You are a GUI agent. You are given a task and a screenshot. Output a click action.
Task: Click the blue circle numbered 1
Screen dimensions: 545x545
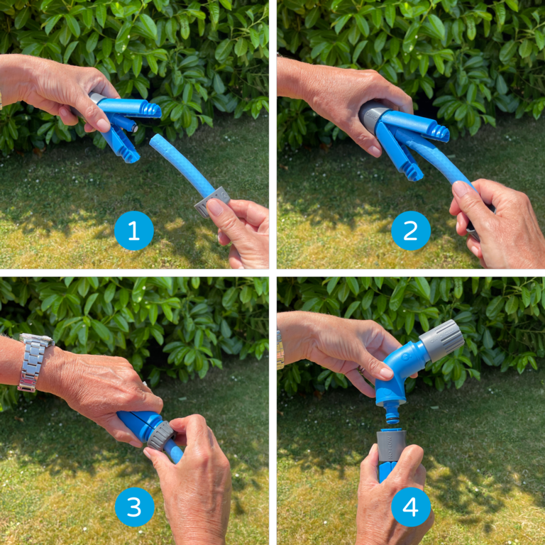[x=133, y=231]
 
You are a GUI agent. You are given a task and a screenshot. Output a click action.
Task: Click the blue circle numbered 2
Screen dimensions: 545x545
[x=410, y=231]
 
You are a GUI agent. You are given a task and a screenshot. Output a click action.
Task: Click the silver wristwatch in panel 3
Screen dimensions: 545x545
[x=33, y=362]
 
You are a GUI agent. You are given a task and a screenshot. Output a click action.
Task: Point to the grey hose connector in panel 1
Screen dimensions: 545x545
[x=212, y=199]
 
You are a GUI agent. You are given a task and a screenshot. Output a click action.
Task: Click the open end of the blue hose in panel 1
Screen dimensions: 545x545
[x=155, y=141]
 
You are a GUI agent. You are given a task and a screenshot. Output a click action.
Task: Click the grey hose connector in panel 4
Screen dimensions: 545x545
[x=390, y=444]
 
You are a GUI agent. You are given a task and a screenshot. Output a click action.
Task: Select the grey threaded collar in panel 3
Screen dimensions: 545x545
[x=160, y=434]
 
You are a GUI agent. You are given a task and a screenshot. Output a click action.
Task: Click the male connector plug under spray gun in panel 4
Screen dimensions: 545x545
[x=390, y=414]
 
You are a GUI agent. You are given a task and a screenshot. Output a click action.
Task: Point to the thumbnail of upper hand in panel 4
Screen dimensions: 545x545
[x=385, y=373]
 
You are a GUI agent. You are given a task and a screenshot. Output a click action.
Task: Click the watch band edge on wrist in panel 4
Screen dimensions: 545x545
[x=280, y=349]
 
